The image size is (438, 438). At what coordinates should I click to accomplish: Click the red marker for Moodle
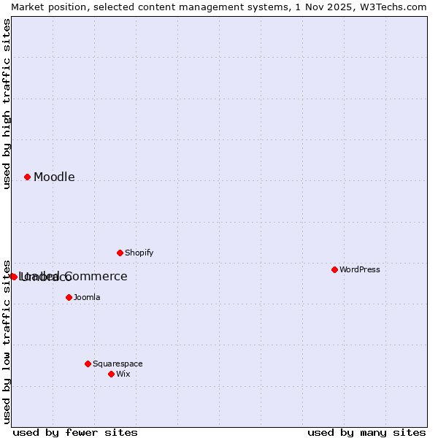(27, 177)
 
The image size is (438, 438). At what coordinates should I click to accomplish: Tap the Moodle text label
(54, 177)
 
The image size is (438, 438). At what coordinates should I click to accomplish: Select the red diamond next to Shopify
(120, 253)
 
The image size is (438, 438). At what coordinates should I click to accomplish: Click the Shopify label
(139, 253)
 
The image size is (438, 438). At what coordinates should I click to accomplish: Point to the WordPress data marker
(334, 269)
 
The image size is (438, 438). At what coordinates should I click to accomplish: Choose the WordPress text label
(359, 269)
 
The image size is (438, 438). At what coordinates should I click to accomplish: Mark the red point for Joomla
(69, 297)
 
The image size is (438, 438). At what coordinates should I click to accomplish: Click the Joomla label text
(87, 297)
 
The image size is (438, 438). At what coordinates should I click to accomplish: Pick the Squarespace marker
(88, 364)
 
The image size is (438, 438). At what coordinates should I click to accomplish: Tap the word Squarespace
(118, 364)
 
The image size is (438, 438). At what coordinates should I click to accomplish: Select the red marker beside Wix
(111, 374)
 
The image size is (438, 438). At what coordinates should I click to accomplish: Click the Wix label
(123, 374)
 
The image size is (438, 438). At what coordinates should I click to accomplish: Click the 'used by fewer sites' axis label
(75, 432)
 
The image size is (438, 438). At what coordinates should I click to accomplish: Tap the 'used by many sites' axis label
(366, 432)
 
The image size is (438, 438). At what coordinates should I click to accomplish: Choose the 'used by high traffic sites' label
(7, 104)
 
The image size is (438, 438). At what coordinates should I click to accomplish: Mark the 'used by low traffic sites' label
(7, 342)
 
